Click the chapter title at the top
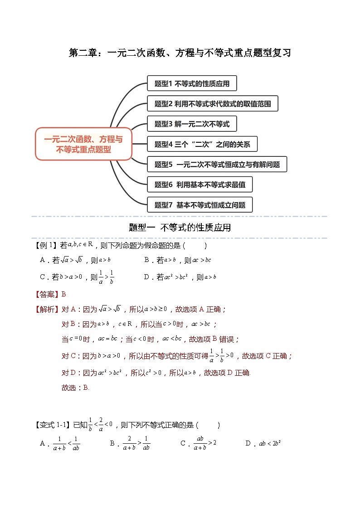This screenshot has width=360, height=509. (180, 53)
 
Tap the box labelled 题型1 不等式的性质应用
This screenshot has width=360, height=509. (192, 84)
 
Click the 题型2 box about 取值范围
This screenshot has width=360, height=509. (212, 104)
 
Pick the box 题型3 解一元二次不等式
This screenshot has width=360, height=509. (192, 124)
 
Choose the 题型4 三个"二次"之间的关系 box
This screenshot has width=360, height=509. (202, 144)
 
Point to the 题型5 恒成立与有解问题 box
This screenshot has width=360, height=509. (217, 165)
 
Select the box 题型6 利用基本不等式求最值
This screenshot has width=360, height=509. (199, 184)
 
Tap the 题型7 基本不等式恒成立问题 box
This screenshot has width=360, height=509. (199, 205)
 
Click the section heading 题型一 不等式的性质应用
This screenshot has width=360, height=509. (180, 228)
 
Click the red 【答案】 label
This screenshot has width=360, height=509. (47, 294)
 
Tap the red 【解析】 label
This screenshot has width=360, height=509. (47, 309)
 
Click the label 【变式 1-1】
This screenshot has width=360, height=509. (51, 425)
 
